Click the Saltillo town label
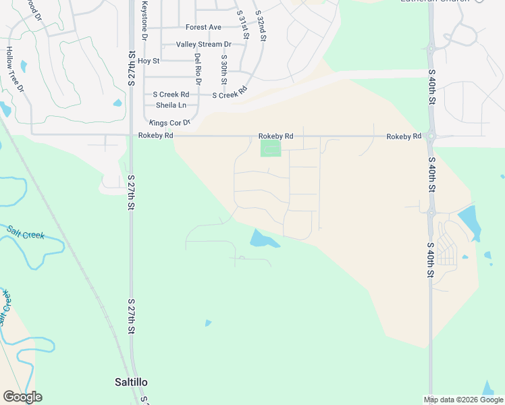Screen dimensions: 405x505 [x=131, y=382]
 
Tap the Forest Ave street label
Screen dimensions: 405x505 [x=203, y=28]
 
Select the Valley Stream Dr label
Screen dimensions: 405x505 [x=203, y=45]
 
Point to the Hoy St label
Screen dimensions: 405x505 [x=148, y=61]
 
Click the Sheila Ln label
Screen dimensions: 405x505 [x=171, y=105]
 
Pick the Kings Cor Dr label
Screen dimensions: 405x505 [x=170, y=123]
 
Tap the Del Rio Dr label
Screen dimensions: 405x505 [x=198, y=69]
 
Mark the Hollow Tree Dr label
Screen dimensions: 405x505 [x=15, y=70]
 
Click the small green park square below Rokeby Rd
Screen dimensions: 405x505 [x=270, y=148]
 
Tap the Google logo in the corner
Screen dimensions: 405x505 [x=22, y=397]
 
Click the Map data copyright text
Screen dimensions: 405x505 [x=463, y=400]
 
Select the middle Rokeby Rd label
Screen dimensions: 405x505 [x=276, y=136]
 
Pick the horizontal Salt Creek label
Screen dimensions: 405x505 [x=26, y=234]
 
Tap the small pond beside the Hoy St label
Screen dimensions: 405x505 [x=118, y=103]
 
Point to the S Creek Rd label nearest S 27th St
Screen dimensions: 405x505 [x=171, y=94]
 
